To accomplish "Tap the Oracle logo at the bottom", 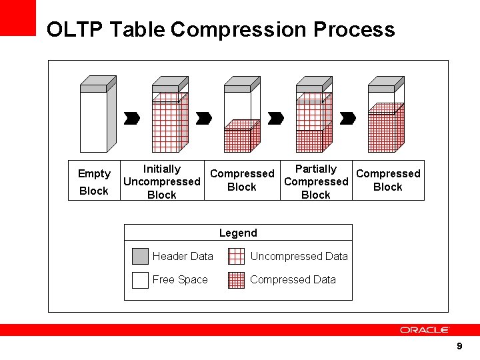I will pyautogui.click(x=425, y=330).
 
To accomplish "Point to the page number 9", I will pyautogui.click(x=459, y=346).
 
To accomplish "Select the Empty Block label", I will pyautogui.click(x=94, y=182).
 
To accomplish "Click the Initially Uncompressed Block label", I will pyautogui.click(x=162, y=181).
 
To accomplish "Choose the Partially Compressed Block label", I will pyautogui.click(x=316, y=181).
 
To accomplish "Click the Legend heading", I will pyautogui.click(x=238, y=233).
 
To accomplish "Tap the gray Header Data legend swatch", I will pyautogui.click(x=140, y=257).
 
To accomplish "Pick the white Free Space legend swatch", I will pyautogui.click(x=140, y=280).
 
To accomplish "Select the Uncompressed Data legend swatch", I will pyautogui.click(x=236, y=257).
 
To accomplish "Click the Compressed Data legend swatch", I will pyautogui.click(x=236, y=280).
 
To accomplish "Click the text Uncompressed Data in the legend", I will pyautogui.click(x=299, y=257).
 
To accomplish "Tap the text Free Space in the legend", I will pyautogui.click(x=180, y=280).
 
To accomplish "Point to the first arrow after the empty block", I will pyautogui.click(x=132, y=118).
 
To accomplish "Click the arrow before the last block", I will pyautogui.click(x=347, y=118).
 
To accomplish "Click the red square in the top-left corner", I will pyautogui.click(x=17, y=17).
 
